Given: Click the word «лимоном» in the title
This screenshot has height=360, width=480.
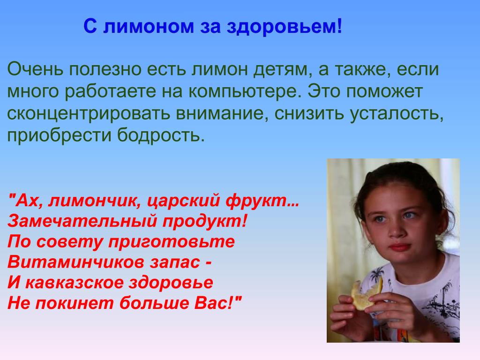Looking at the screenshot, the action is (149, 26).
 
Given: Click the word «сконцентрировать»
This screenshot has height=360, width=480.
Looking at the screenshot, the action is (89, 114).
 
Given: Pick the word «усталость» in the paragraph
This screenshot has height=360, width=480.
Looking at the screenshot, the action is (397, 114).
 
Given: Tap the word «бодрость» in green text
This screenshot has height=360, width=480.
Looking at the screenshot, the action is (160, 135).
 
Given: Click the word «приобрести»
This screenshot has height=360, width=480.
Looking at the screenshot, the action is (59, 135).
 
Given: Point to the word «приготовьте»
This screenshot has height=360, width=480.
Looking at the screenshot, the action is (172, 242).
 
